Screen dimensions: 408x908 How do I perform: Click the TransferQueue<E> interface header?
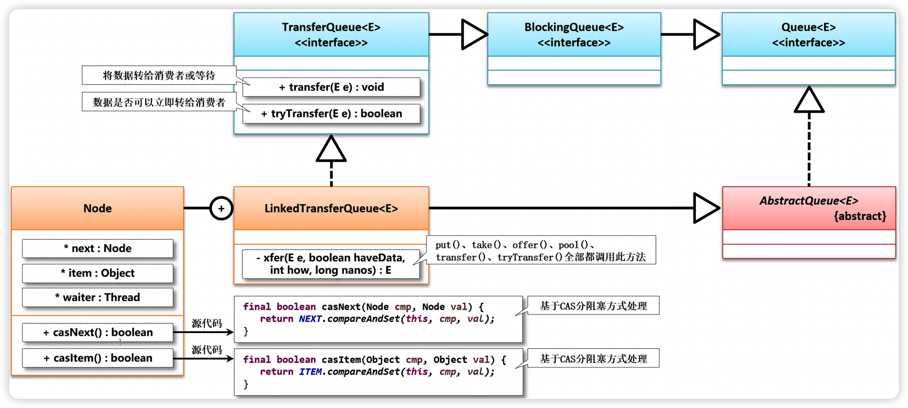(331, 35)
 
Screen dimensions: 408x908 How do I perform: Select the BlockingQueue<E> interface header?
(574, 35)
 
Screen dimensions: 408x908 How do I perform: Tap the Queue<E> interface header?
(808, 35)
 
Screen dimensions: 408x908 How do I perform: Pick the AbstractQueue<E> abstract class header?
(809, 208)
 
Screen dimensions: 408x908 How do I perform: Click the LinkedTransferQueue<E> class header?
(331, 209)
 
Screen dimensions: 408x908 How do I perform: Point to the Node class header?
(97, 209)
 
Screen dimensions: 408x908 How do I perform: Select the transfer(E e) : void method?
(331, 87)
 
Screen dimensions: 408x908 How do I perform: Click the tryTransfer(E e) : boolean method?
(331, 114)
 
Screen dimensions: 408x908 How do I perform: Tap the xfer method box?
(331, 264)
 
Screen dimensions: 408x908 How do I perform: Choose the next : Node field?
(97, 249)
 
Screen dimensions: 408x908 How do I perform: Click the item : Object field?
(97, 273)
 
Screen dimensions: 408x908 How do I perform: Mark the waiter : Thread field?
(97, 297)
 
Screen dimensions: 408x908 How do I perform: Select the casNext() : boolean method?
(97, 333)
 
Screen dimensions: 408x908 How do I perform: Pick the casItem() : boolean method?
(97, 358)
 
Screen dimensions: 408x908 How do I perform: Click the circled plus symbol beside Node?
(221, 209)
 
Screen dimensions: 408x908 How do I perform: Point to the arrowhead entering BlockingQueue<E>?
(473, 35)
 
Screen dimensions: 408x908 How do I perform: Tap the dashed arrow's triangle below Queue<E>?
(809, 100)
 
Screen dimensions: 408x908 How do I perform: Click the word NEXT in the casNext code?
(310, 319)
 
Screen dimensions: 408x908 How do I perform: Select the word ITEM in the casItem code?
(310, 372)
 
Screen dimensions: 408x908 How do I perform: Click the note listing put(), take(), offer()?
(541, 251)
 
